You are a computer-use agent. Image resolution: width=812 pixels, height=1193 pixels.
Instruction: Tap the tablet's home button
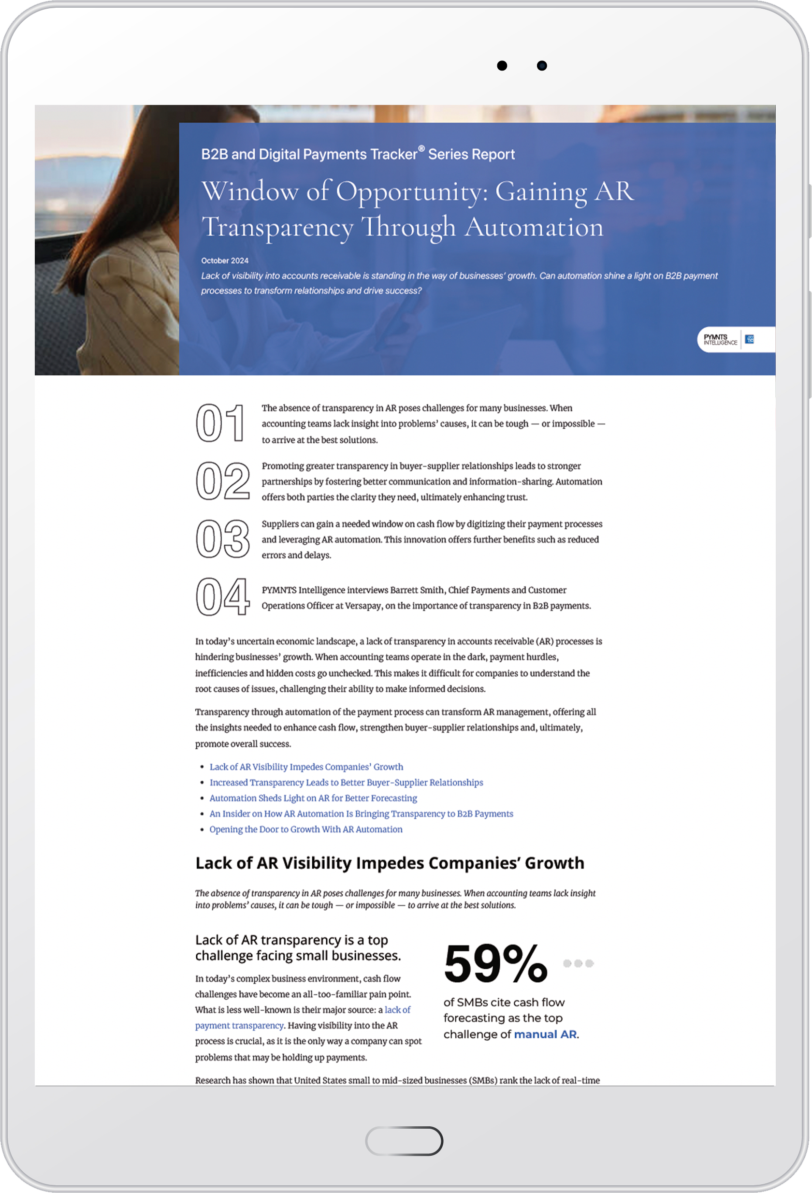pos(404,1141)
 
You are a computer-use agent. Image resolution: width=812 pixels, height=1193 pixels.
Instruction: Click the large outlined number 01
pos(221,423)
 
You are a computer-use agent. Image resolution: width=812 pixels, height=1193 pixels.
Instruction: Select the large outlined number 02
pos(223,481)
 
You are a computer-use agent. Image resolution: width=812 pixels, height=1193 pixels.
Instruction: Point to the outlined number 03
pos(223,539)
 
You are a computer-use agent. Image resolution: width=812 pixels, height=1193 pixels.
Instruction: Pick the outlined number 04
pos(223,596)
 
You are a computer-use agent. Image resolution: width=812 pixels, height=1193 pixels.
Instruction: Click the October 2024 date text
pos(225,261)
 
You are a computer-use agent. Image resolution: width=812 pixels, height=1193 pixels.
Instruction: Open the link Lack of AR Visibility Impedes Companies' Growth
pos(306,767)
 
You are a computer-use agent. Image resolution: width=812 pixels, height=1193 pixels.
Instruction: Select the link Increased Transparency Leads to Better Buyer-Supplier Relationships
pos(346,783)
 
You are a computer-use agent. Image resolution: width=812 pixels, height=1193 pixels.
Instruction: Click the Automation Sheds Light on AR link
pos(313,798)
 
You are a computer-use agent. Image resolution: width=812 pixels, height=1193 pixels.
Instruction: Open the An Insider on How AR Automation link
pos(361,814)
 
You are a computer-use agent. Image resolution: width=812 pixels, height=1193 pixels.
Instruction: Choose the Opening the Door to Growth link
pos(305,829)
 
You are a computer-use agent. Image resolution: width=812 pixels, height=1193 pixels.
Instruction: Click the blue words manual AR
pos(545,1034)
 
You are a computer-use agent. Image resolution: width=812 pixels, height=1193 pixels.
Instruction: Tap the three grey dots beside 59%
pos(579,963)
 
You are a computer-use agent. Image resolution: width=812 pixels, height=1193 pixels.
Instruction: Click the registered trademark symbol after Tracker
pos(421,149)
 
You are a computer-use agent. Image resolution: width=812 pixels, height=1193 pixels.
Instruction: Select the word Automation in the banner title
pos(534,227)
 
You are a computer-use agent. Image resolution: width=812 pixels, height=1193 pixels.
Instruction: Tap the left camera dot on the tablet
pos(502,66)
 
